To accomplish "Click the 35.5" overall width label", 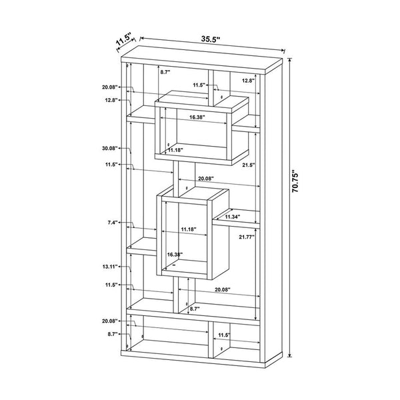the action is coord(211,39).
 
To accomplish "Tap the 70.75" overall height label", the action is coord(295,181).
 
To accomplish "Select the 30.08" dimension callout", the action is coord(110,148).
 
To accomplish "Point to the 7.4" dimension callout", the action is coord(112,223).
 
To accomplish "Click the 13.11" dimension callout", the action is coord(110,267).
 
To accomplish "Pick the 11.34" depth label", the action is coord(233,217).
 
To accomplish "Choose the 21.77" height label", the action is coord(247,237).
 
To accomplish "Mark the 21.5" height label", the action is coord(249,165).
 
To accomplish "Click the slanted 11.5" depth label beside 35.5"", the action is coord(123,39).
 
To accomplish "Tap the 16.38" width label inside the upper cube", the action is coord(197,117).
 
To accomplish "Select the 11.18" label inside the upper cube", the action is coord(175,150).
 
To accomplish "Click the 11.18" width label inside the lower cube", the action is coord(189,229).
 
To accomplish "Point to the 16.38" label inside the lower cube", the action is coord(175,255).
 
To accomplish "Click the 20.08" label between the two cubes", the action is coord(206,179).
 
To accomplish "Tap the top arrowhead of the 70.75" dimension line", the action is coord(289,60).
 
